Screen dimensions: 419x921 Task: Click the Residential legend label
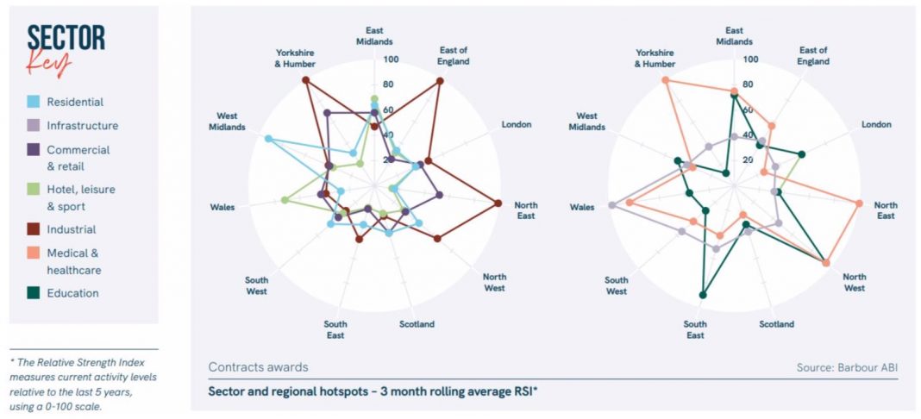click(75, 102)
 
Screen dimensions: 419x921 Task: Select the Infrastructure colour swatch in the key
click(34, 125)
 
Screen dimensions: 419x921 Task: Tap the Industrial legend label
click(72, 229)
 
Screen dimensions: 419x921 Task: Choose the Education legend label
click(72, 293)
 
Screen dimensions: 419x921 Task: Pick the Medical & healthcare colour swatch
click(34, 253)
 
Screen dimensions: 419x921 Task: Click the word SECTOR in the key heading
click(66, 38)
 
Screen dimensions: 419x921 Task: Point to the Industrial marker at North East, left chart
click(498, 203)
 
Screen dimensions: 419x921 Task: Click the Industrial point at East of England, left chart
click(440, 81)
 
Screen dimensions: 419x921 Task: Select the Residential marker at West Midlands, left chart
click(268, 139)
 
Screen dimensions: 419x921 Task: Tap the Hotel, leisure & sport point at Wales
click(285, 200)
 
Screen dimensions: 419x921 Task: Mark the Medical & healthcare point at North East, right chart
click(859, 203)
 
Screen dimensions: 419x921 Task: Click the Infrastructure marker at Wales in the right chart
click(611, 205)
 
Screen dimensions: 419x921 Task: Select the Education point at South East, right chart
click(703, 295)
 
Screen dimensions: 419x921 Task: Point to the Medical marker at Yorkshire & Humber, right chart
click(665, 80)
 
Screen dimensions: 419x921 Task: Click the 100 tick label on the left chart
click(392, 59)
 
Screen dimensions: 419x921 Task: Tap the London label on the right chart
click(876, 124)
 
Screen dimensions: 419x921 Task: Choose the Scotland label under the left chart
click(417, 324)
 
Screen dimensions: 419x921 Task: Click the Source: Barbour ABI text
click(847, 367)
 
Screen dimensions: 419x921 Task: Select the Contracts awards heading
click(259, 367)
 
